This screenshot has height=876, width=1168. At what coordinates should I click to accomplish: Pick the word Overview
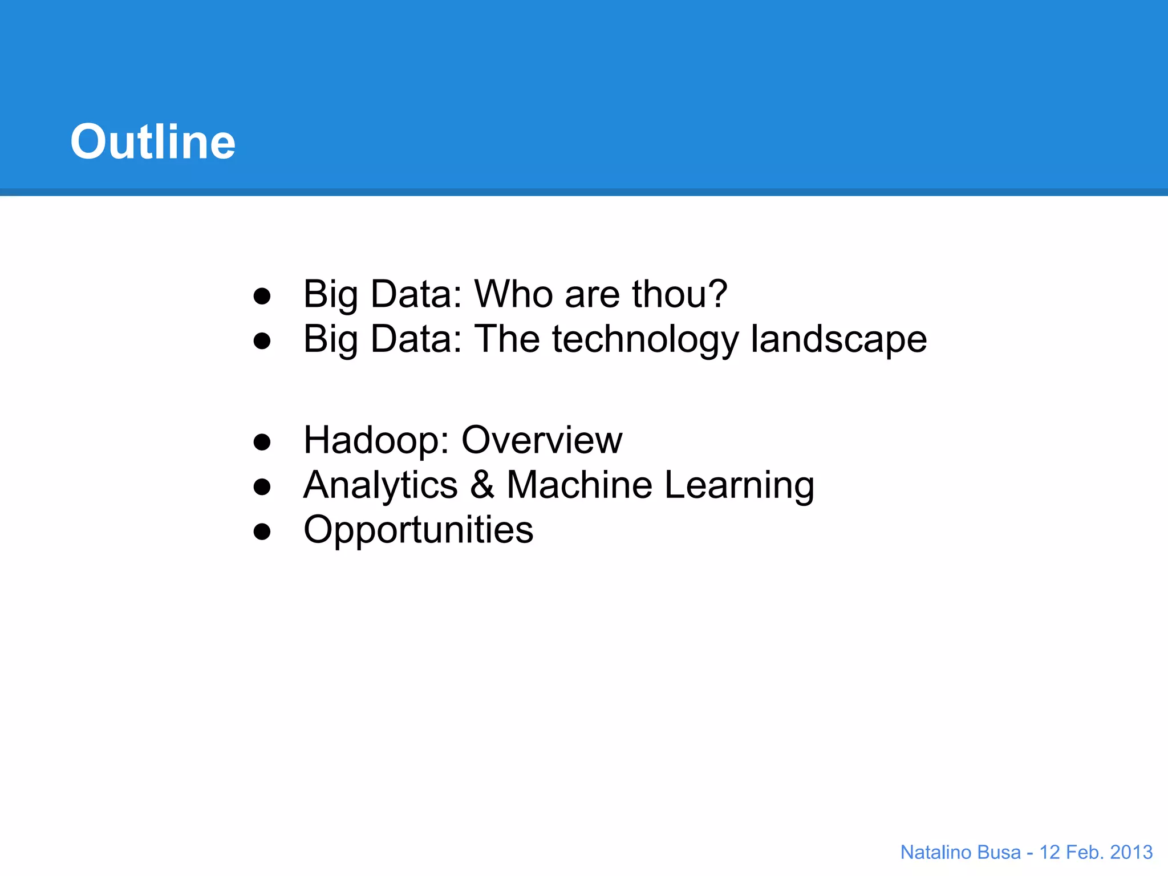pyautogui.click(x=541, y=440)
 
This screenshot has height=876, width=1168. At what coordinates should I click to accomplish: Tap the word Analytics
pyautogui.click(x=380, y=486)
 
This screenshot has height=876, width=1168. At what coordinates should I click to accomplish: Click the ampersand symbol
pyautogui.click(x=482, y=485)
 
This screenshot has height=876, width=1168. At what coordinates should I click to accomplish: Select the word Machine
pyautogui.click(x=579, y=485)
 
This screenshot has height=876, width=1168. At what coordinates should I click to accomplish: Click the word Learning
pyautogui.click(x=739, y=486)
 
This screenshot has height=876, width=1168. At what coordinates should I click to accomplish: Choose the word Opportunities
pyautogui.click(x=418, y=530)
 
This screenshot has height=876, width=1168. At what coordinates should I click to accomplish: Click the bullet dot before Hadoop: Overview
pyautogui.click(x=262, y=442)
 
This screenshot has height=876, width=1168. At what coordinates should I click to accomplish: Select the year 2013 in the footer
pyautogui.click(x=1131, y=852)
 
